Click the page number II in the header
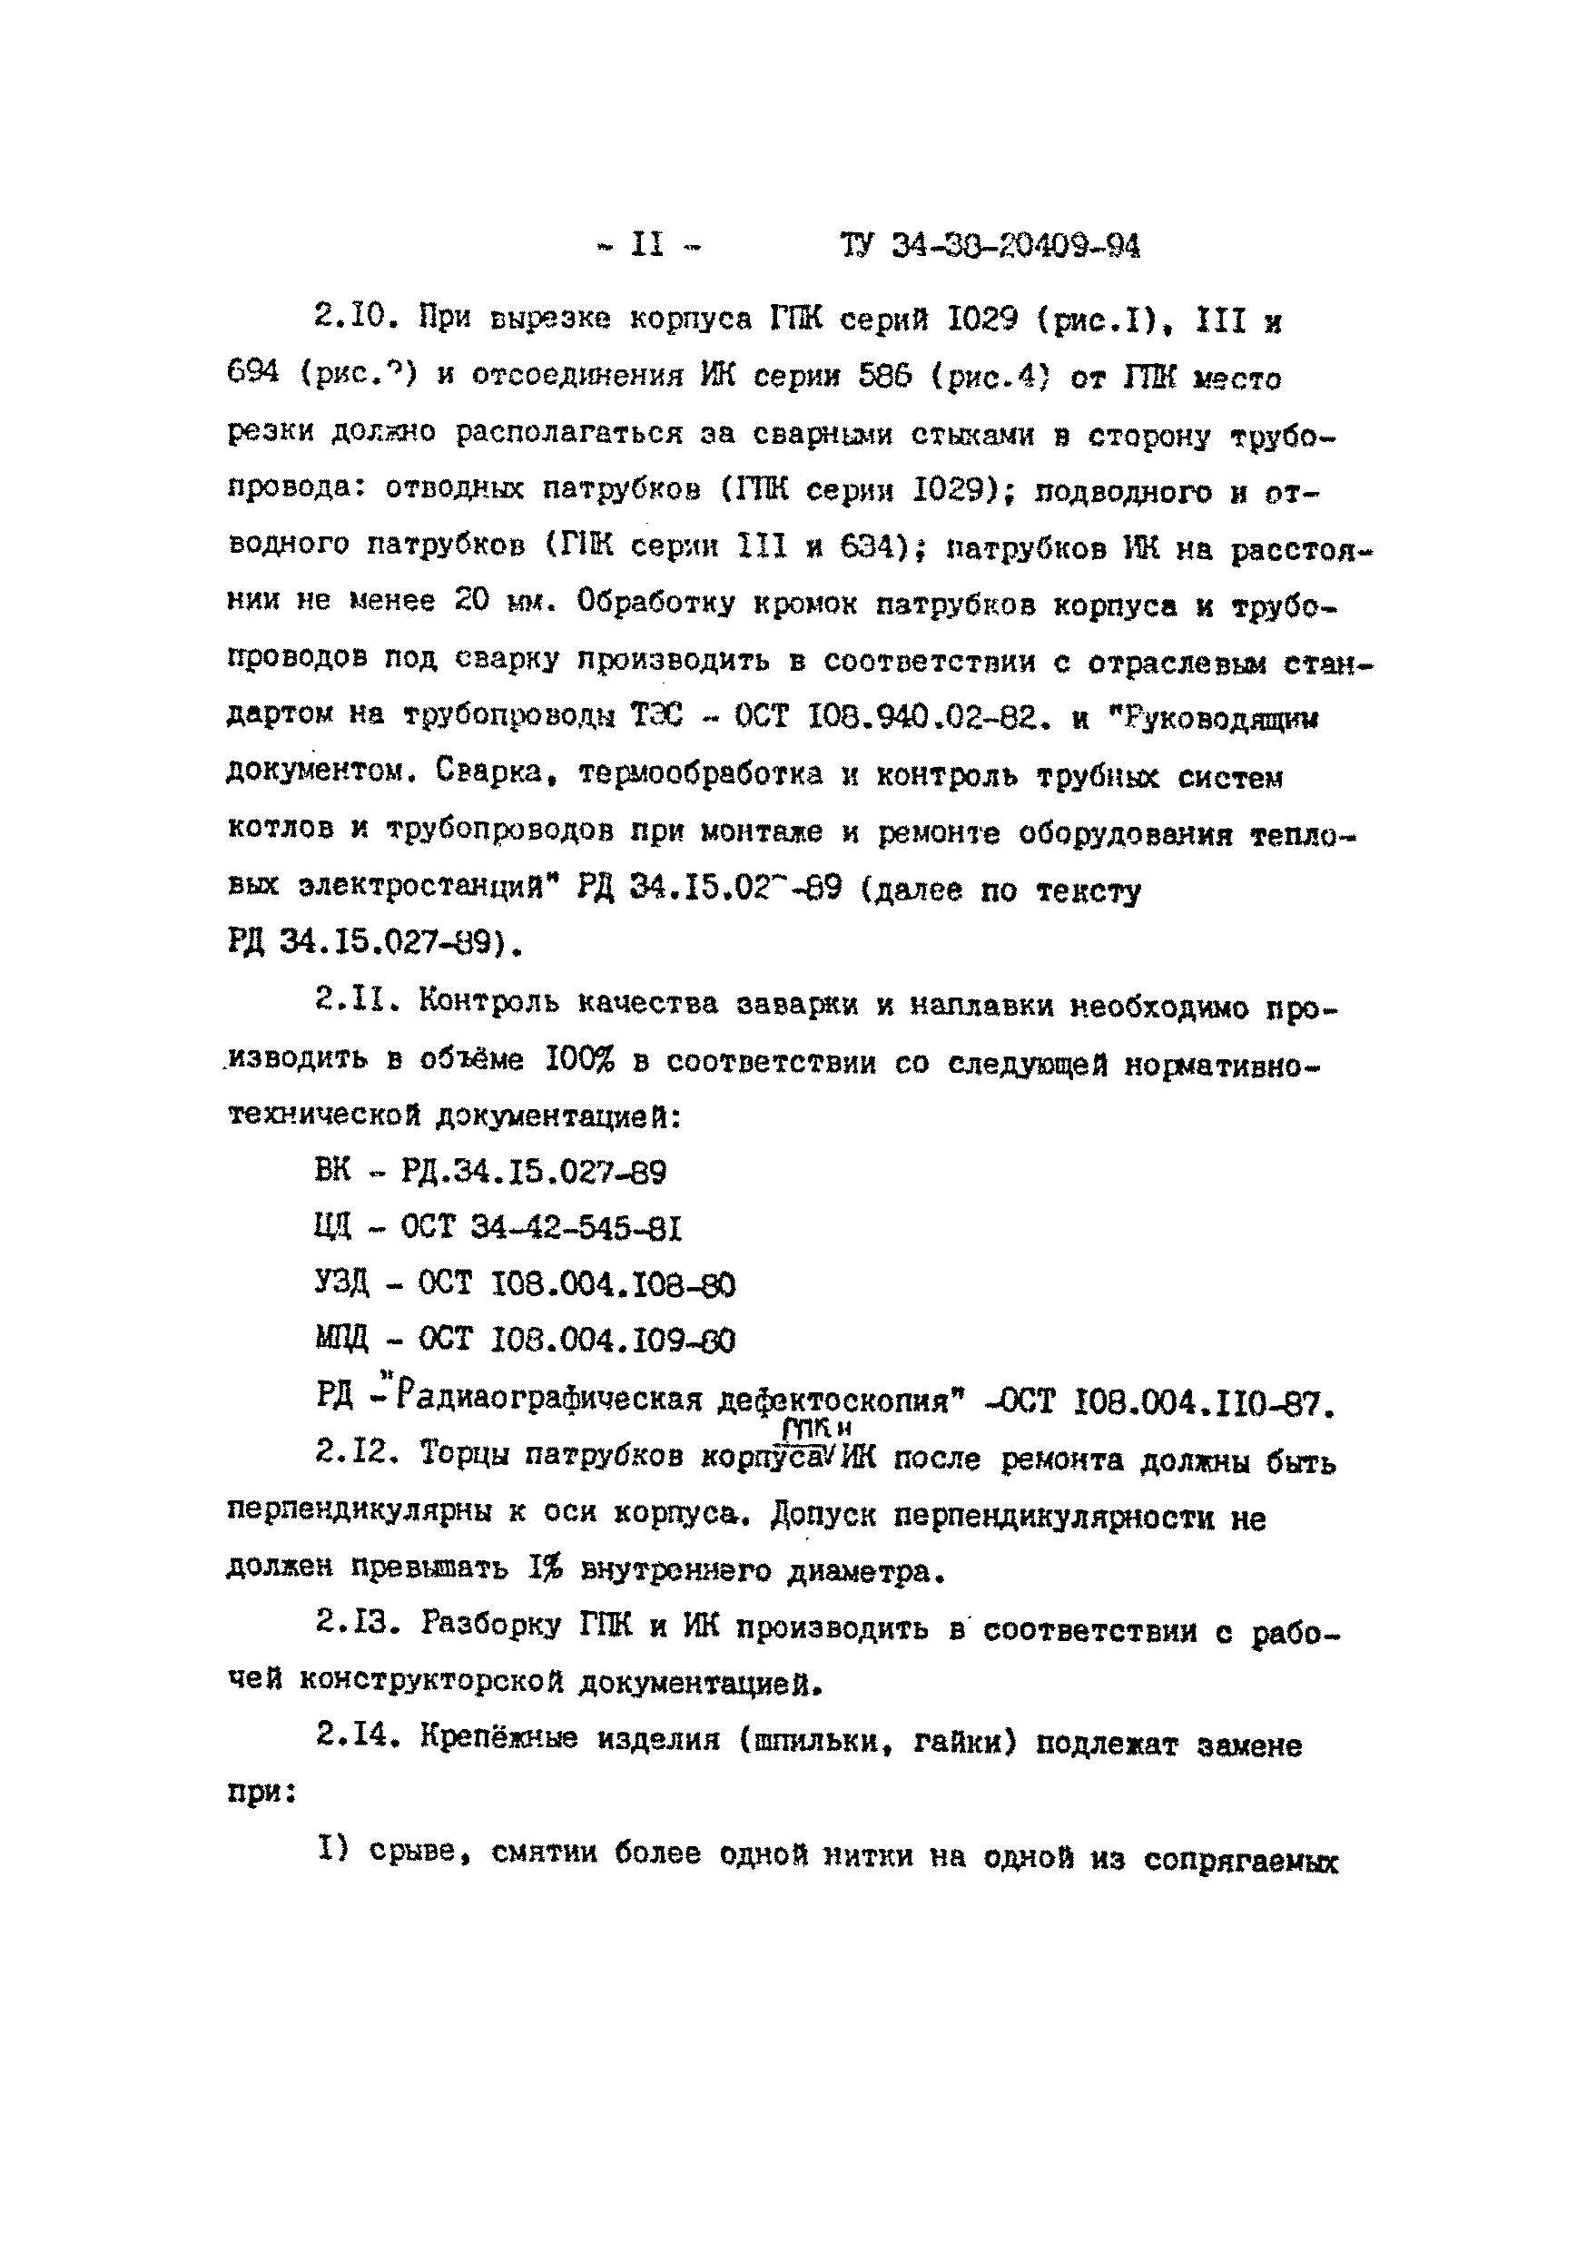click(x=647, y=244)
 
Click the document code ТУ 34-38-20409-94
click(x=990, y=245)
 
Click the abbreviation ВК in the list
click(x=332, y=1171)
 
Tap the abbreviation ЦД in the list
click(x=332, y=1226)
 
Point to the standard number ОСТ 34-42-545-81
click(x=540, y=1227)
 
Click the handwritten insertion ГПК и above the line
click(x=816, y=1429)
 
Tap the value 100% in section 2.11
click(x=580, y=1059)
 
